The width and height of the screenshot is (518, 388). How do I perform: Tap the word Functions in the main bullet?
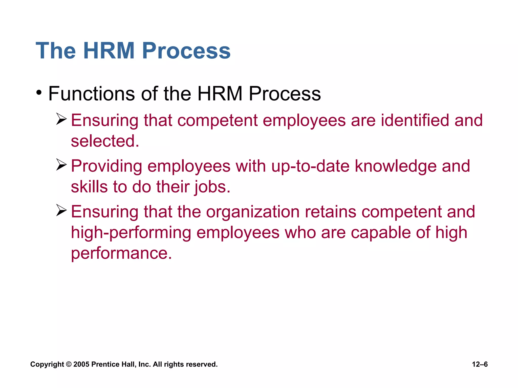click(x=91, y=94)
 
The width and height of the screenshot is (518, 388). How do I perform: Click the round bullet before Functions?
click(x=39, y=93)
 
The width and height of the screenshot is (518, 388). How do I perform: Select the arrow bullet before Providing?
click(x=61, y=165)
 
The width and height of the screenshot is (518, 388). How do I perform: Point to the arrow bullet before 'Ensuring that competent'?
click(x=61, y=119)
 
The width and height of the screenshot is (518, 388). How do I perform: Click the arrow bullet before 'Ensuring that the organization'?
click(x=61, y=210)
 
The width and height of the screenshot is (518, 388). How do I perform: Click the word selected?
click(x=105, y=141)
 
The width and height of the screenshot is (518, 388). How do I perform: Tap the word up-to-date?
click(x=310, y=166)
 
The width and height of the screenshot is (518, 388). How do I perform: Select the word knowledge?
click(x=396, y=166)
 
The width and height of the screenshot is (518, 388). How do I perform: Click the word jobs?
click(x=212, y=187)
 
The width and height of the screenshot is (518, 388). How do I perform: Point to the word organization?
click(x=253, y=212)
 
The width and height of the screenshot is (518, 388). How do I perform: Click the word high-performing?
click(x=131, y=233)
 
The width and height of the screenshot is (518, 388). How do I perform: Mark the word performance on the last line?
click(x=121, y=253)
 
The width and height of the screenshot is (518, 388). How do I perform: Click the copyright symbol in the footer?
click(x=69, y=364)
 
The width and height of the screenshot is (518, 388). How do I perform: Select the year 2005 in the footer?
click(x=81, y=364)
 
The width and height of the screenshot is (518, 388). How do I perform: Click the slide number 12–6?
click(x=480, y=364)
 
